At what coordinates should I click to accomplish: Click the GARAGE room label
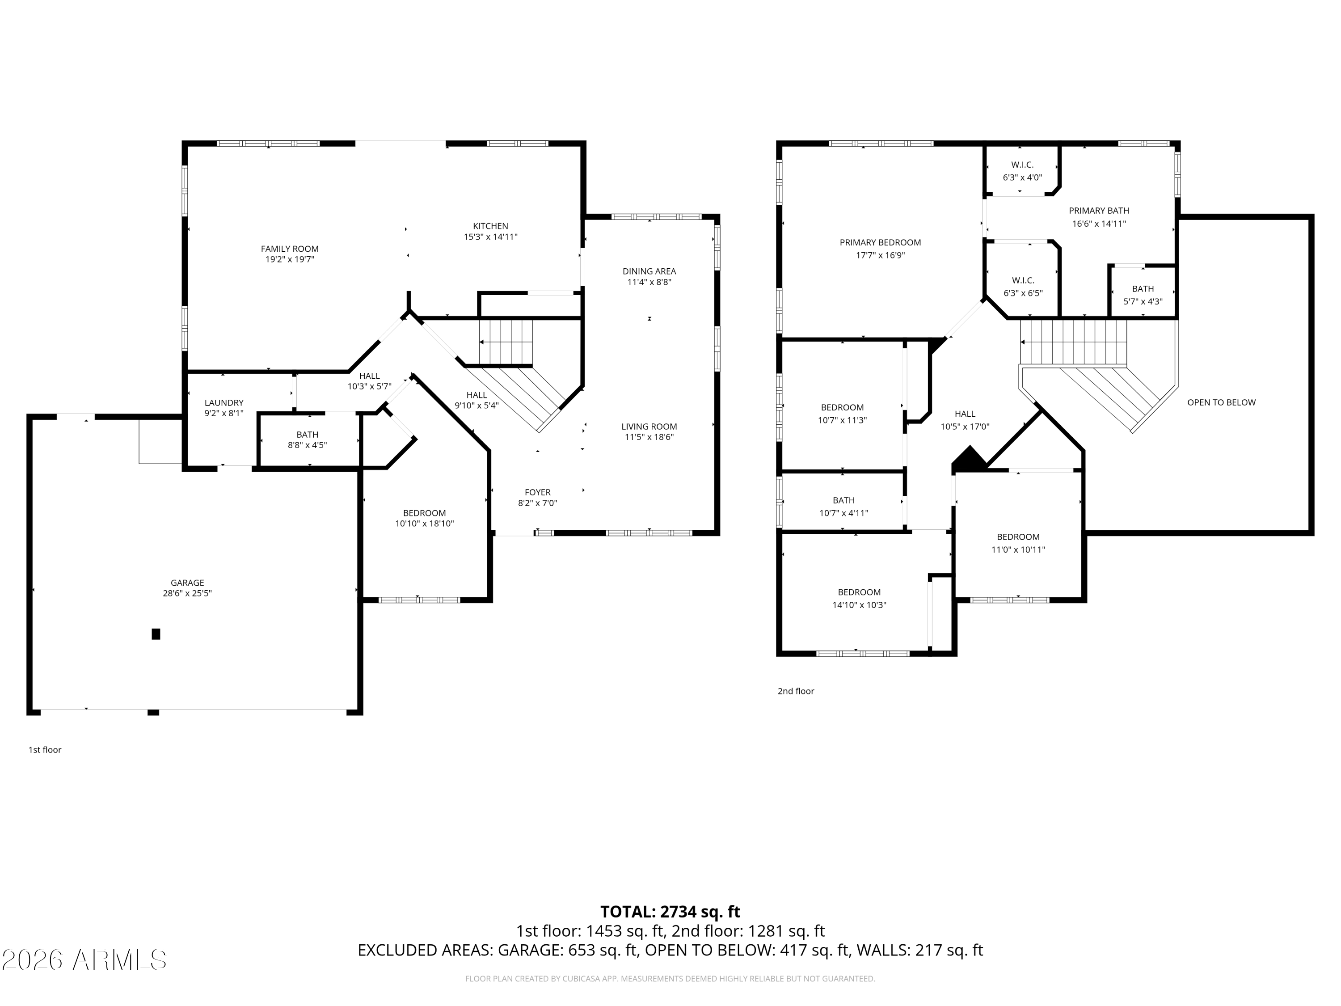(x=187, y=583)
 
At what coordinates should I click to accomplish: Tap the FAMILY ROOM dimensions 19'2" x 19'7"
(x=289, y=259)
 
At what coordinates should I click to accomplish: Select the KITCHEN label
(x=490, y=226)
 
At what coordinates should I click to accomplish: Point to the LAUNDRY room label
(x=223, y=403)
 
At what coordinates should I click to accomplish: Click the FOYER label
(x=538, y=492)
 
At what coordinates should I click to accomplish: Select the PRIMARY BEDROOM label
(x=880, y=242)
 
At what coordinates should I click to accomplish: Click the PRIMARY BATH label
(x=1099, y=211)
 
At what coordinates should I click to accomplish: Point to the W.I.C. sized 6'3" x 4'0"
(x=1022, y=171)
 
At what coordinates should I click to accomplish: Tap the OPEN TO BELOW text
(x=1221, y=402)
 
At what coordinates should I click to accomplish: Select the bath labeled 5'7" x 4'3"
(x=1143, y=295)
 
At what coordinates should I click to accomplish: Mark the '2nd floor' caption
(x=795, y=691)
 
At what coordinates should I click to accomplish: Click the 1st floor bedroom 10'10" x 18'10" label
(x=424, y=518)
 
